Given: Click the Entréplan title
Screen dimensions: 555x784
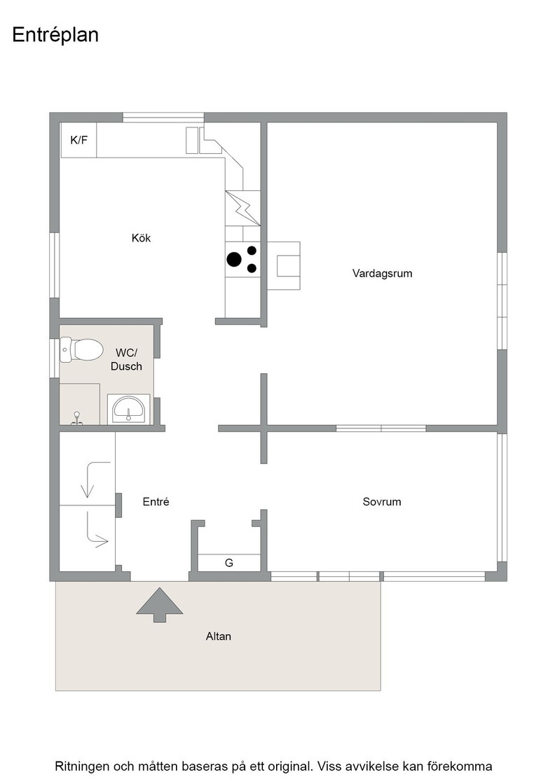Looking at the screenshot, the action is point(55,35).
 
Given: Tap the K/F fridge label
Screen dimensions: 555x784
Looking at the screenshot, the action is point(78,140).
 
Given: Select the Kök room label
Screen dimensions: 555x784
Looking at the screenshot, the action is point(141,238).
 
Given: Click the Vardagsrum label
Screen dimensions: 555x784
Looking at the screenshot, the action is point(383,274).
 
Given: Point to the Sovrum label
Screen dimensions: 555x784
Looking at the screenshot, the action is point(382,501).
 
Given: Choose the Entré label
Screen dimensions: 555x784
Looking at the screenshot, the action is point(156,501).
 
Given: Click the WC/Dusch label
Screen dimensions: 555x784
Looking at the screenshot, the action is point(126,360).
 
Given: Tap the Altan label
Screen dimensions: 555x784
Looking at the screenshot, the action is point(218,636).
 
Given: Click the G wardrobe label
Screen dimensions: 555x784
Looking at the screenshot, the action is point(229,563).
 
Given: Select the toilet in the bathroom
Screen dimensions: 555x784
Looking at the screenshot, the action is point(81,349).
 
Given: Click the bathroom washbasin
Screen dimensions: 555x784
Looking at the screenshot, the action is point(129,409).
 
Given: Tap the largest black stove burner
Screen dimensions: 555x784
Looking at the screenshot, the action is point(234,259).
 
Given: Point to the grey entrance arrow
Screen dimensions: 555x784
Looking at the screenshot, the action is point(160,605).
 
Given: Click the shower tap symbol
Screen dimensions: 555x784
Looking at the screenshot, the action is point(76,418).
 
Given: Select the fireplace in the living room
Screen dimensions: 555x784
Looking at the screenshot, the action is point(284,265).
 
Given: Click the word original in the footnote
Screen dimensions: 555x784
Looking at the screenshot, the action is point(289,766).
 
